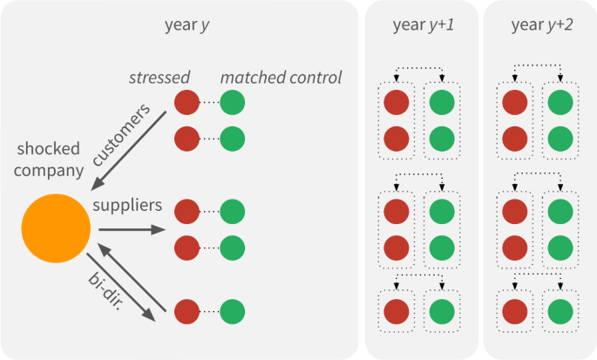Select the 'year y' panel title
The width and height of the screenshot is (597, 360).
pos(186,25)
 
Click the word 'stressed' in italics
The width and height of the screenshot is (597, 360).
pos(159,78)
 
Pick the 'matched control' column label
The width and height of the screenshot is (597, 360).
pos(281,78)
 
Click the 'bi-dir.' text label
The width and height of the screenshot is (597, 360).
pos(106,288)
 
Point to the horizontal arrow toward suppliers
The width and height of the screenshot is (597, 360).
pos(131,230)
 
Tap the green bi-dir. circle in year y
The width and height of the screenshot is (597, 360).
pos(232,311)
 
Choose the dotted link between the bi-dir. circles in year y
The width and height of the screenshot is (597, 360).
pos(209,311)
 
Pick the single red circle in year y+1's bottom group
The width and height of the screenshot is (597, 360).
pos(397,311)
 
